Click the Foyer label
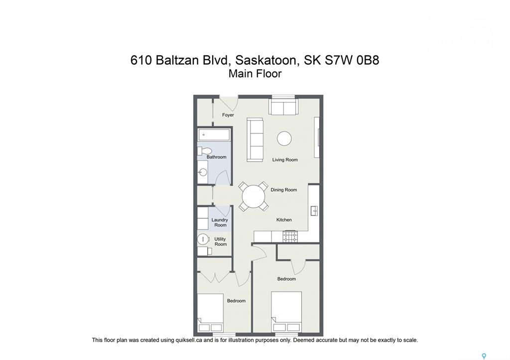[228, 115]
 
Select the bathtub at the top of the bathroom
[214, 134]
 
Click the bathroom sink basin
[203, 172]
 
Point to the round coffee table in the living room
[284, 138]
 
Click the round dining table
[254, 196]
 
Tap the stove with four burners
[290, 237]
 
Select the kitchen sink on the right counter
[315, 211]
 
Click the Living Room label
[285, 160]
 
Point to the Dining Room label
[283, 190]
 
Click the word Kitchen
[284, 220]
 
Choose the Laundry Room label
[220, 223]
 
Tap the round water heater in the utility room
[203, 240]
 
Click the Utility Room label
[220, 241]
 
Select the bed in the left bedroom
[210, 313]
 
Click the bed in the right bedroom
[286, 312]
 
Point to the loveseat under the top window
[283, 107]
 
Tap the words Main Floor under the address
[255, 74]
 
